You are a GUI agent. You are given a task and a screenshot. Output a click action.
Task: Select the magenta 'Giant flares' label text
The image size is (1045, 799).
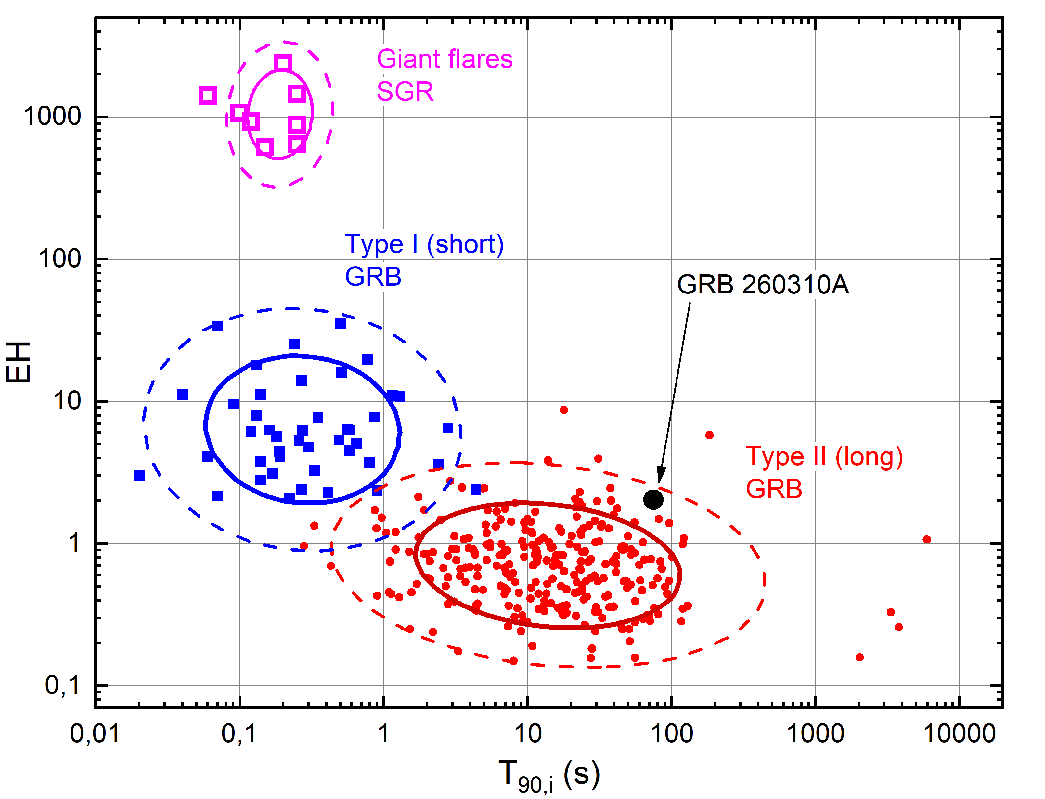tap(445, 59)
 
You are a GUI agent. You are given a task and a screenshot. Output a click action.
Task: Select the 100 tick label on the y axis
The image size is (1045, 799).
tap(59, 259)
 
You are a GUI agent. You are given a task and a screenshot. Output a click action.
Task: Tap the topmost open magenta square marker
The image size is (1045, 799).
tap(283, 63)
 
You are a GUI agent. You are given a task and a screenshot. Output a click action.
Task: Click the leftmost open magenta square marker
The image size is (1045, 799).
tap(207, 95)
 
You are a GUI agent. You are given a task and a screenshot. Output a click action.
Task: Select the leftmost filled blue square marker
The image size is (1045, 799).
tap(139, 475)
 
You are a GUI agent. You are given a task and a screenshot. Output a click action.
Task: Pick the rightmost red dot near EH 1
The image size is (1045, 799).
tap(926, 539)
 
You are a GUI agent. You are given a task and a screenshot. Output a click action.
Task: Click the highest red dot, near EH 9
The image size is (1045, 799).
tap(564, 409)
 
